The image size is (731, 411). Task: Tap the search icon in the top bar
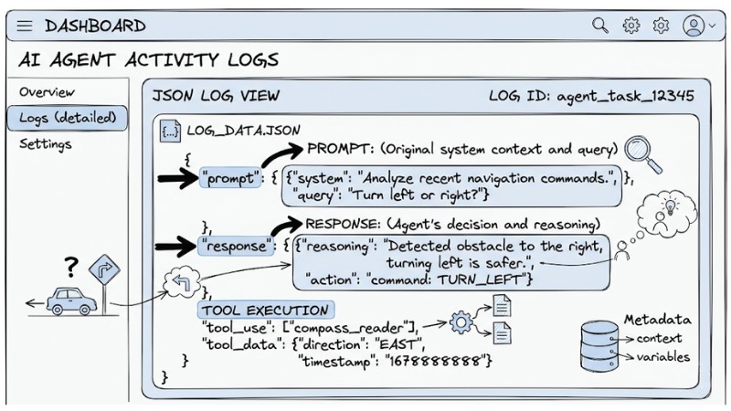pyautogui.click(x=600, y=26)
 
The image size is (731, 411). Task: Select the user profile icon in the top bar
pyautogui.click(x=694, y=26)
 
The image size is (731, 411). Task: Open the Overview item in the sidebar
pyautogui.click(x=48, y=92)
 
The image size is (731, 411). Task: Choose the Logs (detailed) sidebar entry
pyautogui.click(x=66, y=118)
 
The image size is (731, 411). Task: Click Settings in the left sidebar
pyautogui.click(x=45, y=144)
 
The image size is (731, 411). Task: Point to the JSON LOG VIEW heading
pyautogui.click(x=216, y=96)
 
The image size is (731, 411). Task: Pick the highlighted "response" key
pyautogui.click(x=236, y=246)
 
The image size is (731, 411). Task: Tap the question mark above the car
pyautogui.click(x=70, y=267)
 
